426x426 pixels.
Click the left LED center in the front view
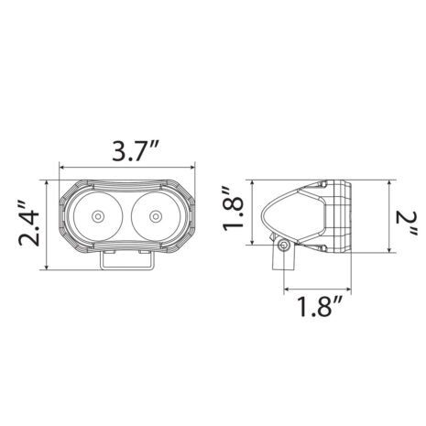point(97,218)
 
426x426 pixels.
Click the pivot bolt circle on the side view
point(284,246)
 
